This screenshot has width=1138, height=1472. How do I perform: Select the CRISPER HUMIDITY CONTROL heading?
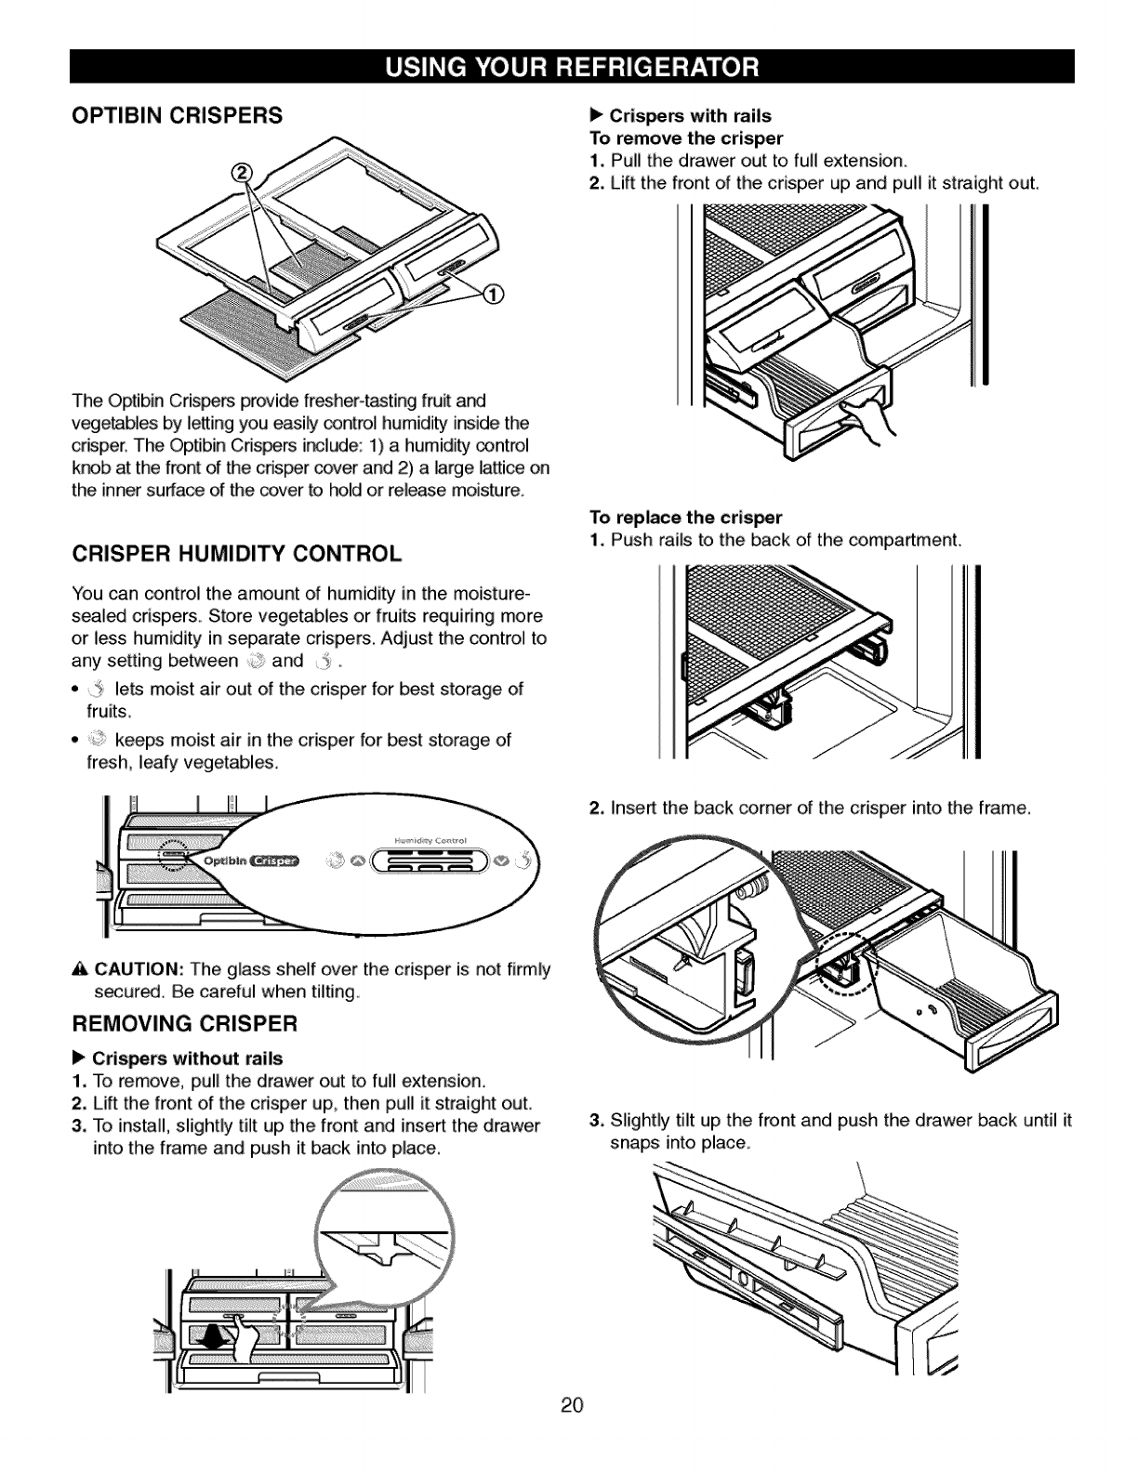click(236, 555)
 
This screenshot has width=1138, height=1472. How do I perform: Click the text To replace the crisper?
click(686, 517)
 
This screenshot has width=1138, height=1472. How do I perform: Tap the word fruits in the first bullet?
click(97, 711)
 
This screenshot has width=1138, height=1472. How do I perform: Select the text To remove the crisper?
click(687, 138)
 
